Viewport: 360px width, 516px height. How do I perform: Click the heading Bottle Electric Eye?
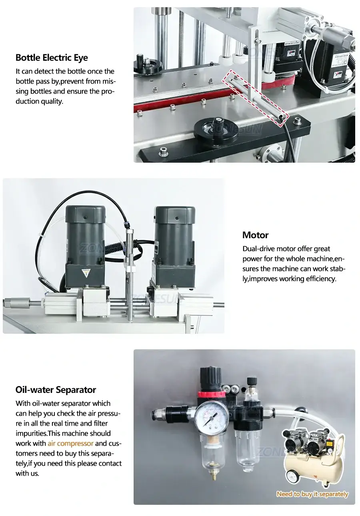(x=52, y=58)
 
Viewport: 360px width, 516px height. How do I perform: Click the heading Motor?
(x=255, y=235)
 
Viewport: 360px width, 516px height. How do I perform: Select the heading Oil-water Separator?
(x=56, y=390)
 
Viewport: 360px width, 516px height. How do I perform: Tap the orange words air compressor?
(x=70, y=444)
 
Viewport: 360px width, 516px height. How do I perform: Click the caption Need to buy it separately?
(x=312, y=494)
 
